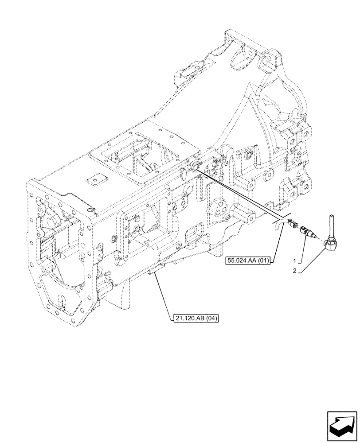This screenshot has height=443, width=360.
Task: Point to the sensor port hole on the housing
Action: click(194, 165)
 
